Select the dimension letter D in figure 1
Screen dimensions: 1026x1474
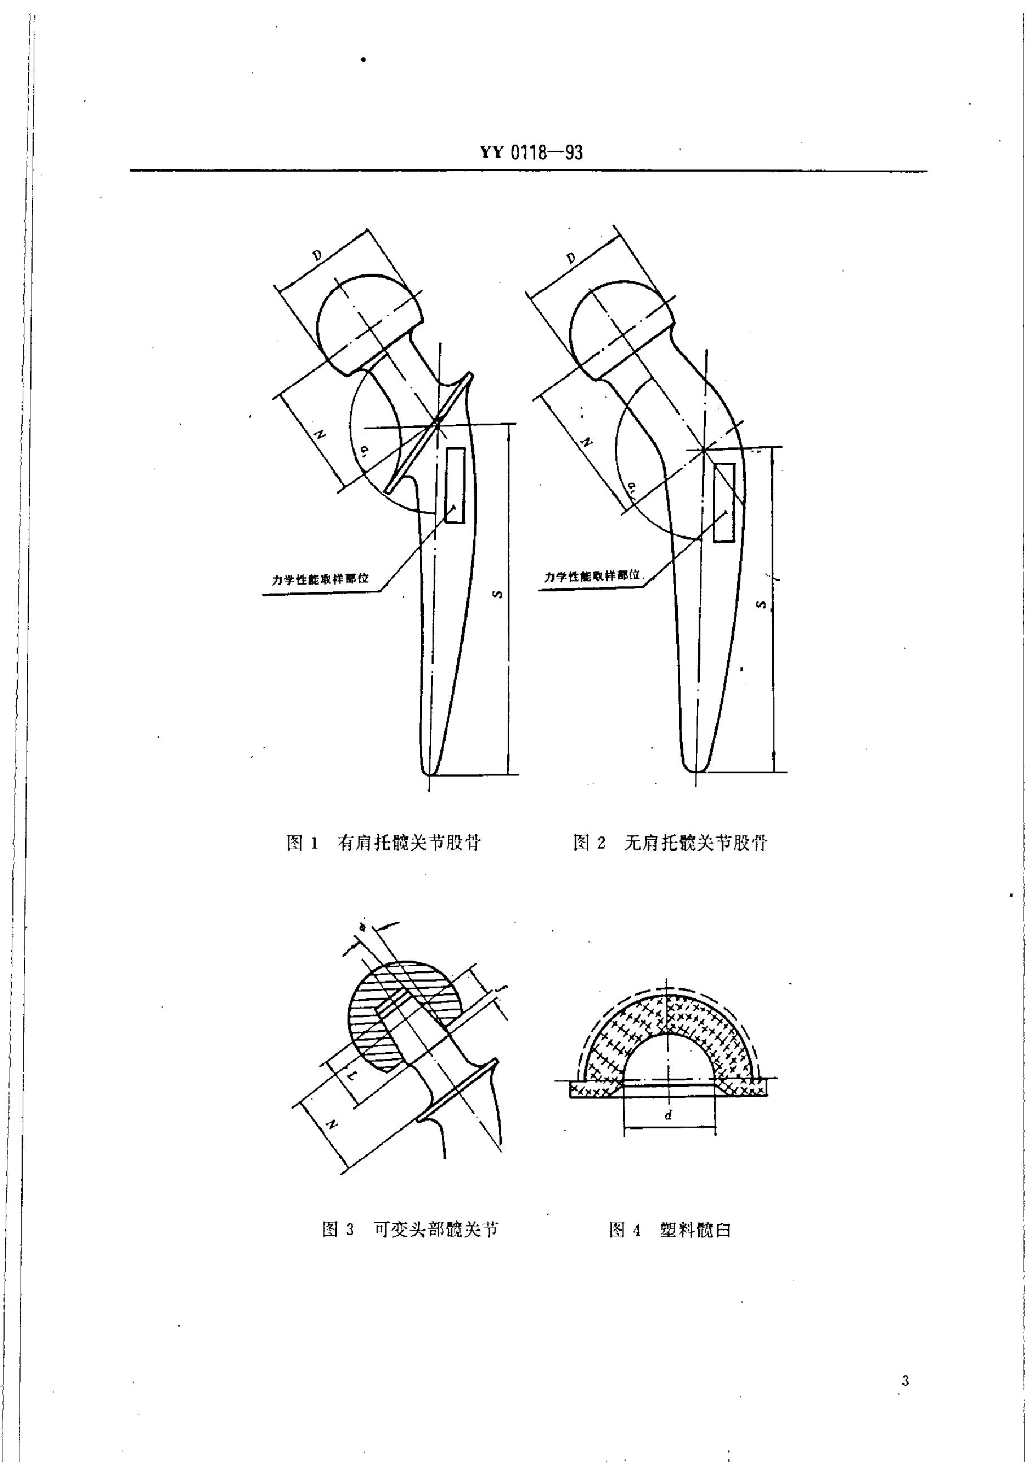(317, 255)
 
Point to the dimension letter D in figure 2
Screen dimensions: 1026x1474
(571, 258)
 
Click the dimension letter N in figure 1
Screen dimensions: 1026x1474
(319, 434)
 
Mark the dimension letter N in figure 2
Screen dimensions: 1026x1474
(585, 442)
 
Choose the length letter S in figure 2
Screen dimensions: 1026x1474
(762, 604)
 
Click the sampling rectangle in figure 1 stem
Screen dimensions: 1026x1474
(455, 485)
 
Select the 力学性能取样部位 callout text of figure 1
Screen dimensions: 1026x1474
(320, 579)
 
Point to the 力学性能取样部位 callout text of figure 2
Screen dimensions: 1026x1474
(592, 576)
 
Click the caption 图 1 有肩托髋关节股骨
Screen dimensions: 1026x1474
(383, 842)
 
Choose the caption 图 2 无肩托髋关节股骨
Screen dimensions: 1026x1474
(670, 842)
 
